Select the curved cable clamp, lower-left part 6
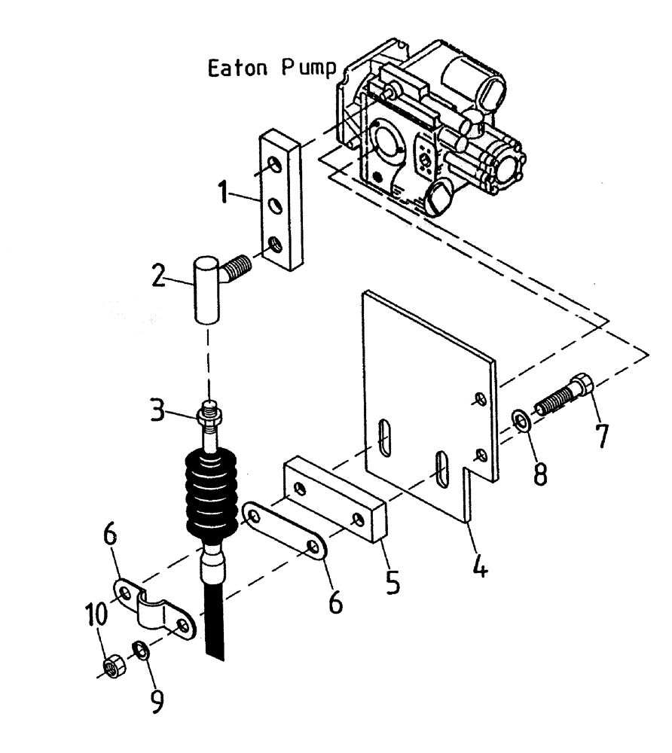154,606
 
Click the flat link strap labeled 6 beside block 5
290,534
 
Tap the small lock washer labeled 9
140,648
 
